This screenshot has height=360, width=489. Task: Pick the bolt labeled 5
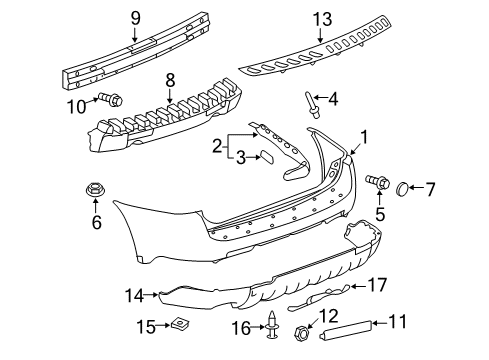tap(379, 183)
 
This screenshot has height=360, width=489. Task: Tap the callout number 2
tap(218, 147)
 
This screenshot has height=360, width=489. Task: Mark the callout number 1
tap(364, 138)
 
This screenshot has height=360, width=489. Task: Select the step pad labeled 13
tap(330, 58)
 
